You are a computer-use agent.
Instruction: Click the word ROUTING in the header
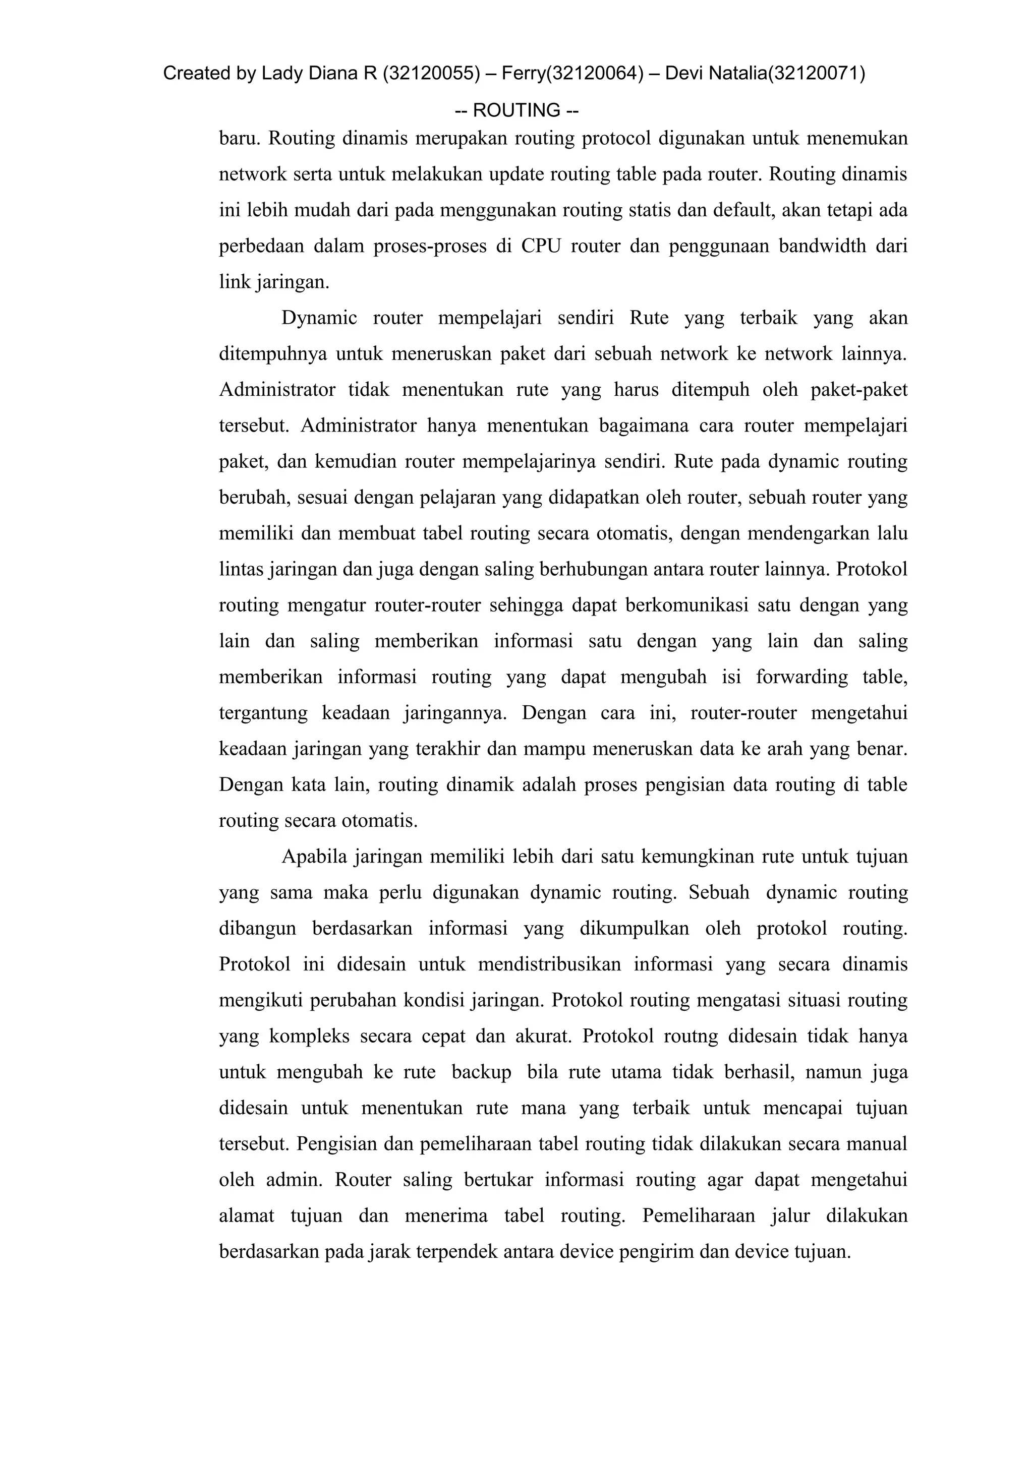click(516, 111)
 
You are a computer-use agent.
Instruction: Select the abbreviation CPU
click(541, 246)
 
